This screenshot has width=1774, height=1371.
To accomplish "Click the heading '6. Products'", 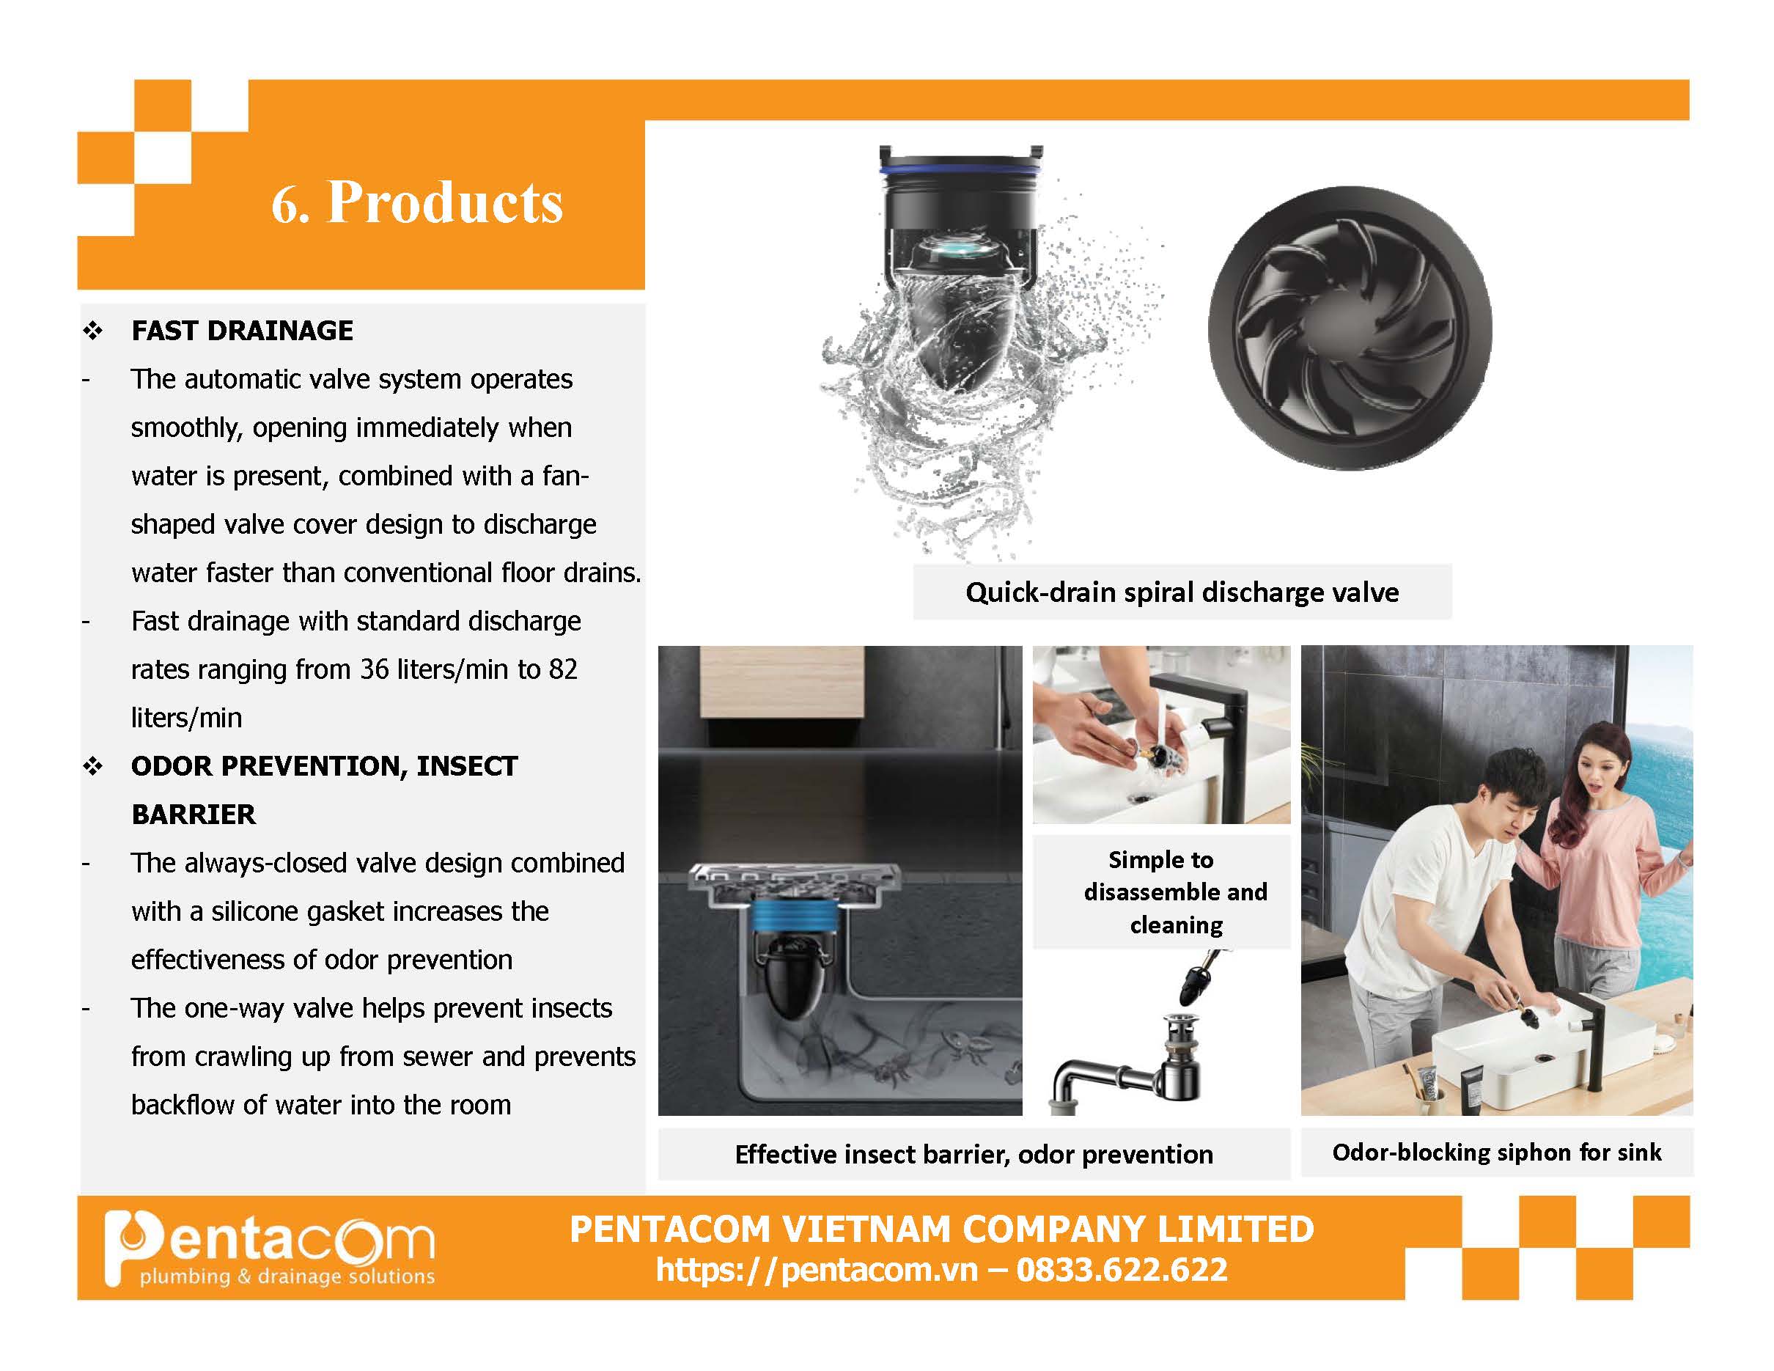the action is [416, 202].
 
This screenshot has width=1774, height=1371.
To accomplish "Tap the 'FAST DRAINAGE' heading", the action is [242, 331].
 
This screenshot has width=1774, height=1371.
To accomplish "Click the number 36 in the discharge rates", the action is [375, 669].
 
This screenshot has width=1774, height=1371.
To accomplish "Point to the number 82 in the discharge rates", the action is [563, 669].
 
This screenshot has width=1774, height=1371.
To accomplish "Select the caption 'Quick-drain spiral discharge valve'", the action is [1182, 592].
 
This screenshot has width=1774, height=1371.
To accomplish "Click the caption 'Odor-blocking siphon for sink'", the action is [1496, 1152].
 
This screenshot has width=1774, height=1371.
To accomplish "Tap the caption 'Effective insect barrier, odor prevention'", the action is [974, 1154].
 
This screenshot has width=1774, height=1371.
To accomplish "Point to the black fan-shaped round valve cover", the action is [1350, 328].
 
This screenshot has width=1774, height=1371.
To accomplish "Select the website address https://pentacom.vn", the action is [817, 1270].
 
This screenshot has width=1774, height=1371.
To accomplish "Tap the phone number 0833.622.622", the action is [1122, 1270].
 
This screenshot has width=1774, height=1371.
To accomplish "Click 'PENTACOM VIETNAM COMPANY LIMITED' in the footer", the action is [941, 1229].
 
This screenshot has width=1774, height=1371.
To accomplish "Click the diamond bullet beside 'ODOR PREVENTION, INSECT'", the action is [92, 766].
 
